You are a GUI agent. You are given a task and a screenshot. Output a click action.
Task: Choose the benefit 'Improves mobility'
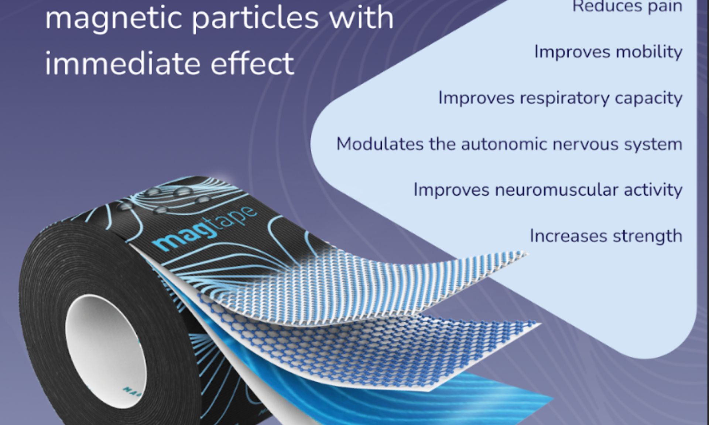point(608,52)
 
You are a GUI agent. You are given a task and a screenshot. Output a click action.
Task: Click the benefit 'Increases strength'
point(606,236)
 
